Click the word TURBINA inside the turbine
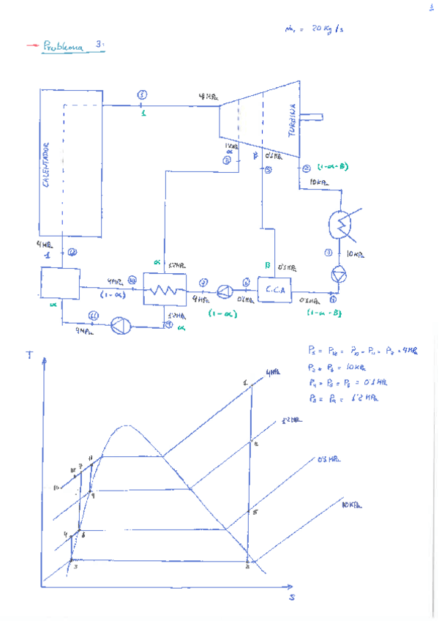click(291, 120)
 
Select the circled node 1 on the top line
click(142, 95)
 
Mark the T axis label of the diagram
click(30, 355)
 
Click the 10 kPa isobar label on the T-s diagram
click(352, 505)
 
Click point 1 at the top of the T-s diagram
click(246, 382)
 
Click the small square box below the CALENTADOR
click(60, 283)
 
